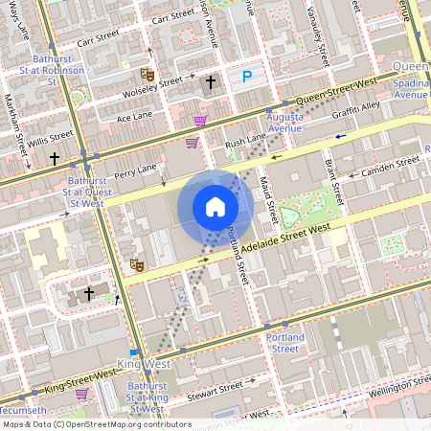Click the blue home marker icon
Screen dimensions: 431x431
click(x=215, y=206)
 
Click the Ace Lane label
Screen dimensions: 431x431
click(x=134, y=116)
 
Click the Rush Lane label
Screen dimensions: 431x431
click(x=245, y=141)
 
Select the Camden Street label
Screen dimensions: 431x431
click(x=393, y=166)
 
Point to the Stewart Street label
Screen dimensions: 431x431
click(x=216, y=390)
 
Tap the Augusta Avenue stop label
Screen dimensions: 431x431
click(x=284, y=122)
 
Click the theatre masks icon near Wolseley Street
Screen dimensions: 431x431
click(x=147, y=74)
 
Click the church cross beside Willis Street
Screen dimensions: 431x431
click(x=55, y=158)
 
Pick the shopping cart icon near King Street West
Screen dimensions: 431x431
click(x=81, y=394)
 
